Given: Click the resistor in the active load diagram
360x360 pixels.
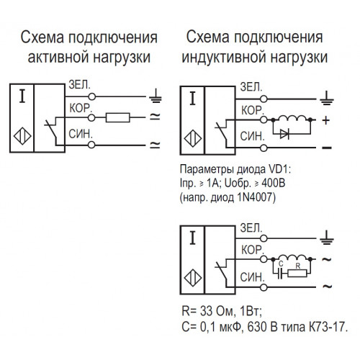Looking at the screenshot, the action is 118,117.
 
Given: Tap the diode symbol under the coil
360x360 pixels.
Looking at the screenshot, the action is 284,134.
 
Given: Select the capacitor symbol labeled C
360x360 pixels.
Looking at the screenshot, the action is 279,273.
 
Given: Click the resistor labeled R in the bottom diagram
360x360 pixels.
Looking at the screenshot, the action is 297,273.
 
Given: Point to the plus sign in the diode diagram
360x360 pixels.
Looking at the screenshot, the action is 326,120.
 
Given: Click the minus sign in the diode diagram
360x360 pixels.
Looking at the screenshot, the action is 327,148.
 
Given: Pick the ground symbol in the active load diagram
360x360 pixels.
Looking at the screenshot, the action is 156,96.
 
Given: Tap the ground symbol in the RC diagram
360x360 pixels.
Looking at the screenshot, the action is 327,238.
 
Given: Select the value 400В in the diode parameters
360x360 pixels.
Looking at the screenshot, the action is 274,184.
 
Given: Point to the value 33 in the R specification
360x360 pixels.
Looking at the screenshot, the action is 206,311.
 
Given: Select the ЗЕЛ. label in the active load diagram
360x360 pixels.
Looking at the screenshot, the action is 80,85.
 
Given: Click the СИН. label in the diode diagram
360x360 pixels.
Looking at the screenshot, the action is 252,137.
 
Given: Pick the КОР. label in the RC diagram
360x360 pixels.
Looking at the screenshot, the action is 253,250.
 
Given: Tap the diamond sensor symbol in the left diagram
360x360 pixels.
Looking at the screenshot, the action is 22,136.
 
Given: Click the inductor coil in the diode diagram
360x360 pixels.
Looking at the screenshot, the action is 292,118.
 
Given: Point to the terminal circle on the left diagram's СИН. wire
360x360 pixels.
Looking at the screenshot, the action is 91,145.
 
